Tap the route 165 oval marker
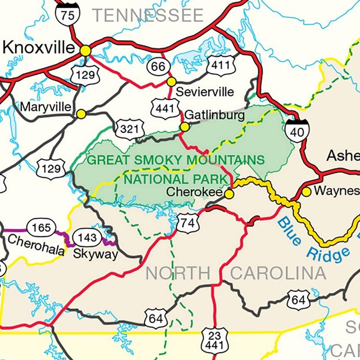coord(40,227)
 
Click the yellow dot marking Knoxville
coord(85,51)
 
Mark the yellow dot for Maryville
coord(81,114)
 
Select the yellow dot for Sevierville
coord(171,82)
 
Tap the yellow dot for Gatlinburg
coord(184,127)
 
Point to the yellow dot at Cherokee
coord(229,194)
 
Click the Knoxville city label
coord(38,48)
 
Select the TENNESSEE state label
coord(148,15)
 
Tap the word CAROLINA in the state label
coord(278,274)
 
